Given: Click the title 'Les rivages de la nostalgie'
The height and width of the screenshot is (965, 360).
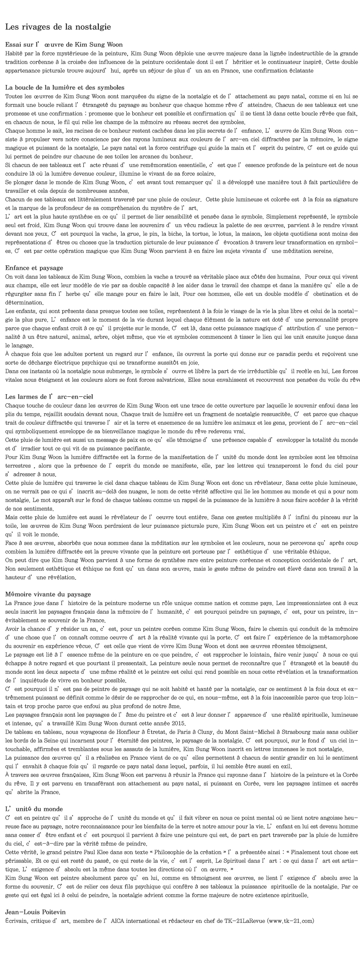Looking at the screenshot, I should pyautogui.click(x=58, y=27).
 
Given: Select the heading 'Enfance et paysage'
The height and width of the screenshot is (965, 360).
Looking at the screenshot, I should pyautogui.click(x=34, y=268).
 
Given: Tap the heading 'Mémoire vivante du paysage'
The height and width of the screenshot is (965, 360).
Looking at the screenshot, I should pyautogui.click(x=48, y=594).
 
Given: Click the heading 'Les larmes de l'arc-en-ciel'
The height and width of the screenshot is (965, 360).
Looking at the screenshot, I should pyautogui.click(x=49, y=396).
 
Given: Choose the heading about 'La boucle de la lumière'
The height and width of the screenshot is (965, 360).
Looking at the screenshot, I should pyautogui.click(x=64, y=87).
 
